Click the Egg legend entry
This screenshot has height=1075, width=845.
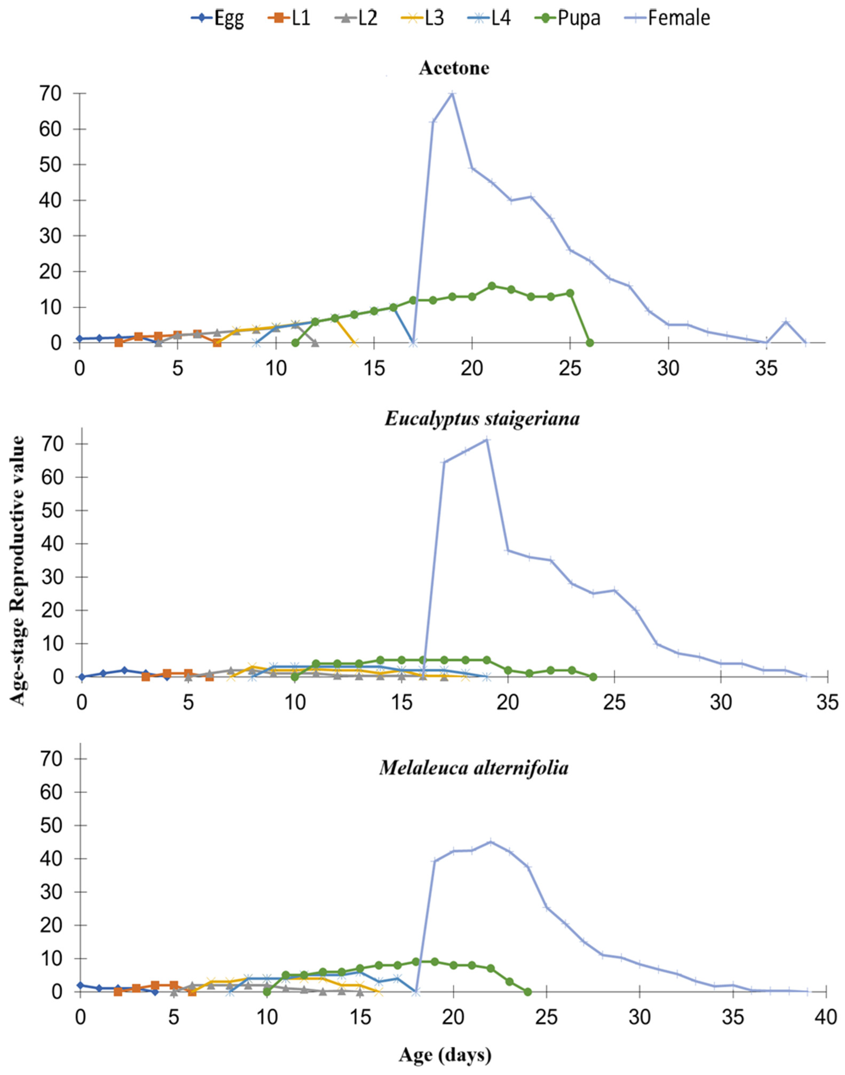[218, 18]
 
